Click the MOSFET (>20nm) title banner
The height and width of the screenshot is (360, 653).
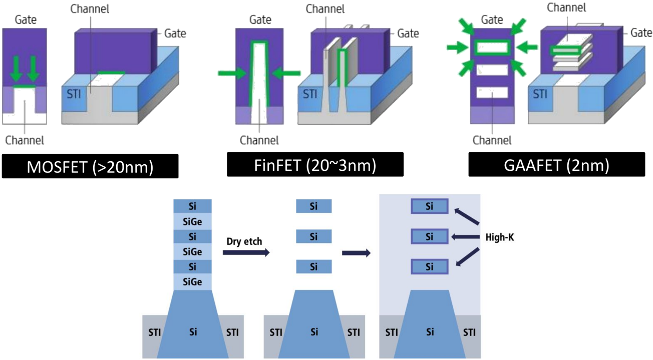click(90, 166)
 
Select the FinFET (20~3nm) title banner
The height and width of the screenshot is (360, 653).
click(315, 165)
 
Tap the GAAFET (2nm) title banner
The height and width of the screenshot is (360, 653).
click(557, 165)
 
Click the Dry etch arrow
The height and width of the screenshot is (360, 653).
click(246, 252)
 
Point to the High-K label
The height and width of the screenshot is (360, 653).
click(500, 237)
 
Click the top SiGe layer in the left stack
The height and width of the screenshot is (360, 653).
click(192, 221)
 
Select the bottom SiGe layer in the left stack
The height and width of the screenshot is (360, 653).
click(192, 281)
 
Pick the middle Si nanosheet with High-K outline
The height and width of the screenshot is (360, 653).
click(430, 236)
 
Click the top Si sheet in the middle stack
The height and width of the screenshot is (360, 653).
click(313, 206)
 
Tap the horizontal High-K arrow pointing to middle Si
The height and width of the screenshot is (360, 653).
click(465, 237)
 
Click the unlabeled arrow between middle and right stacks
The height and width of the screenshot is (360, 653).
click(356, 253)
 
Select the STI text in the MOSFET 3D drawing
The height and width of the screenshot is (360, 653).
click(74, 94)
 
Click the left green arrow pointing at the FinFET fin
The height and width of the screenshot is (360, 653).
click(232, 73)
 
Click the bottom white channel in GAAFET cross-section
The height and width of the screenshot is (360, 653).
click(492, 93)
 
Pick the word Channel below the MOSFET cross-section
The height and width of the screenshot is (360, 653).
click(25, 140)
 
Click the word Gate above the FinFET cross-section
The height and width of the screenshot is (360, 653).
click(260, 20)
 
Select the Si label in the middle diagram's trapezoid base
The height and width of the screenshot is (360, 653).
click(314, 332)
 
